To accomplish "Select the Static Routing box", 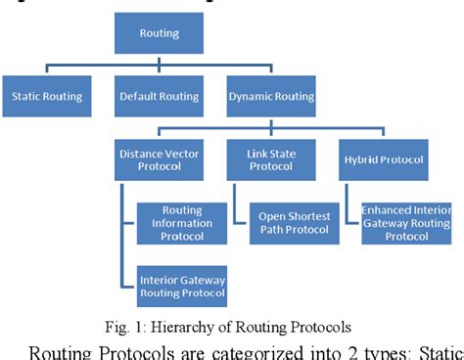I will [46, 97].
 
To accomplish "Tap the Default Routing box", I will [159, 97].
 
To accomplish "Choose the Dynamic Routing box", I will [271, 97].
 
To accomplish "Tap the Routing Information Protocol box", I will [182, 223].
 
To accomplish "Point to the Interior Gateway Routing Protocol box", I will [182, 285].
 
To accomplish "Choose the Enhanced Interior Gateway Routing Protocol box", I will [405, 224].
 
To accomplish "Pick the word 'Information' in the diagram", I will [182, 223].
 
